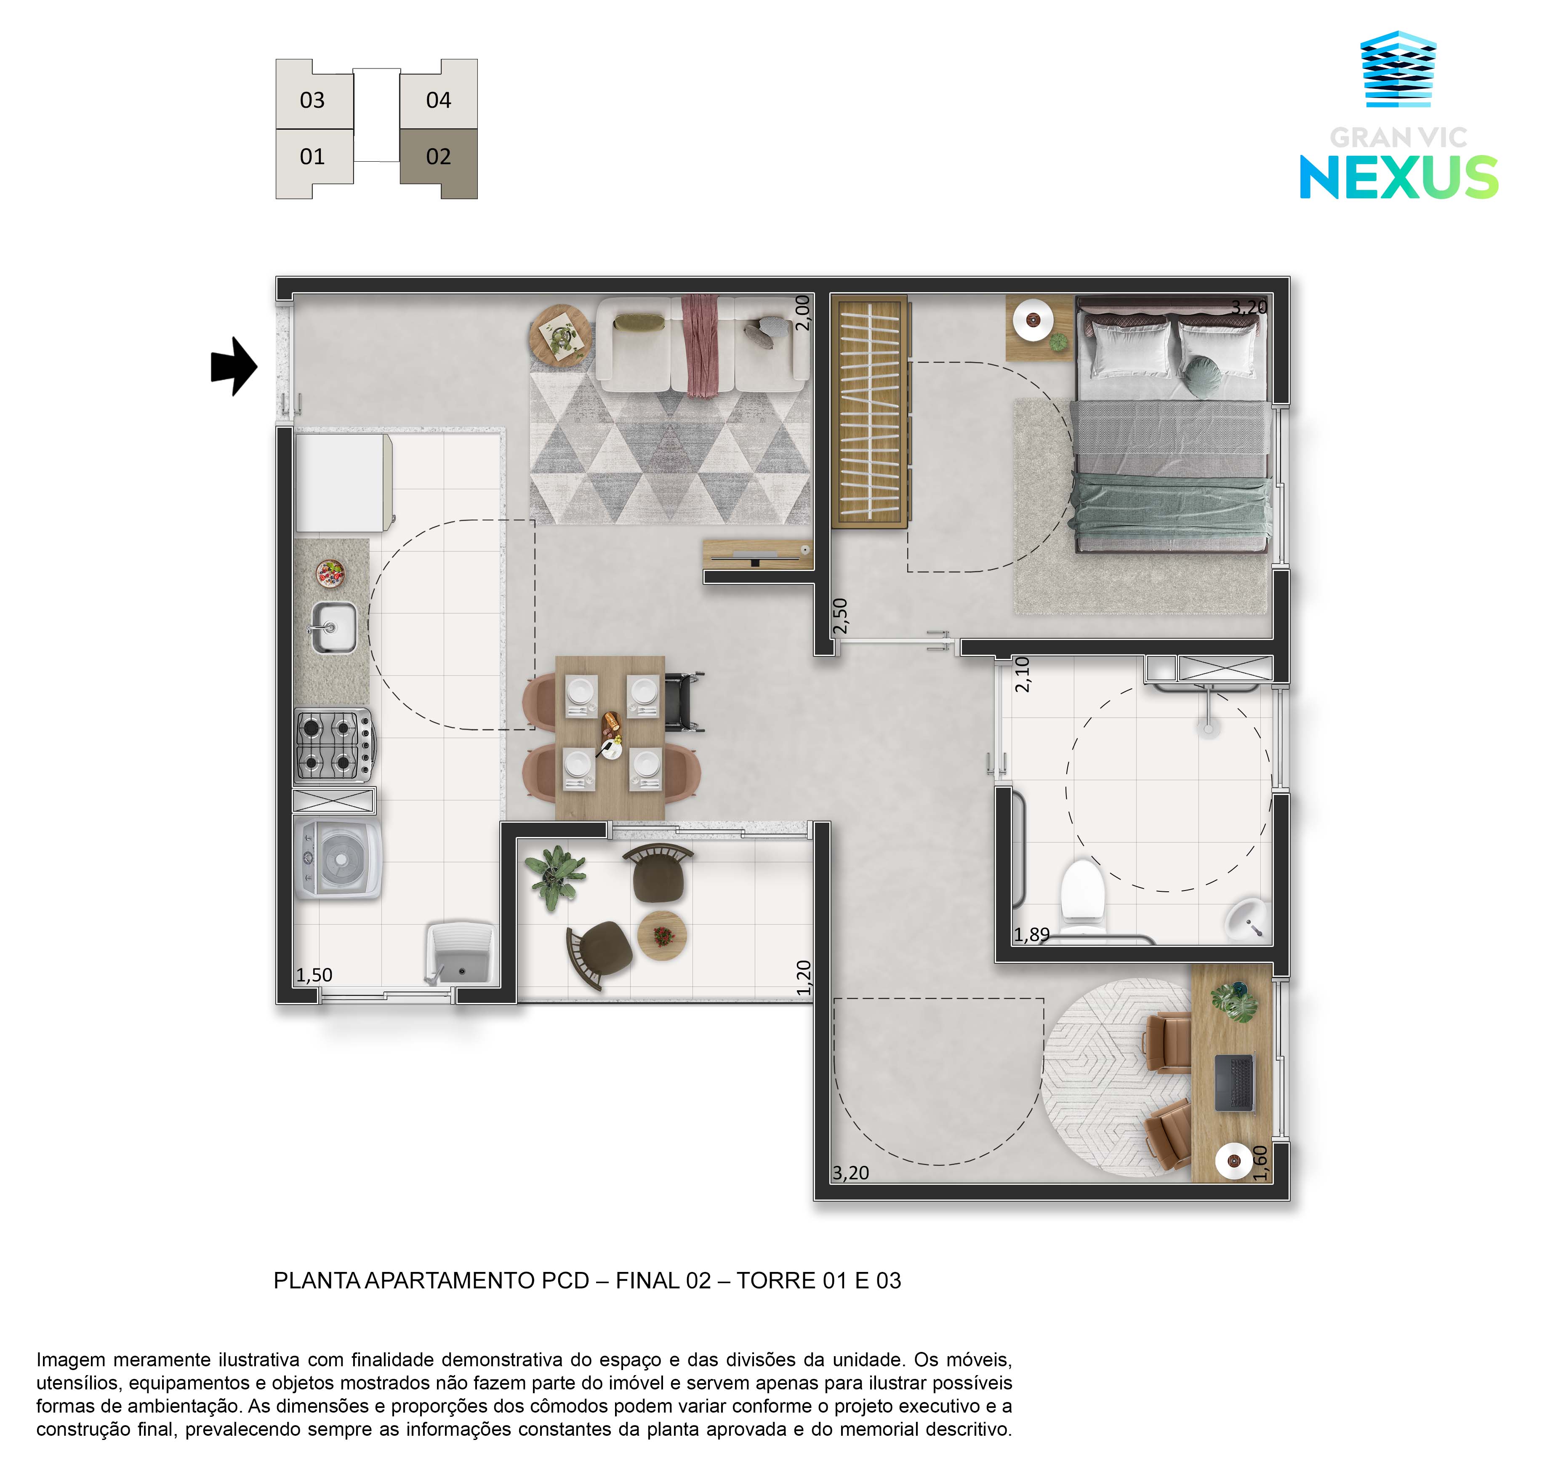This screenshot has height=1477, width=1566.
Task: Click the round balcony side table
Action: [x=662, y=936]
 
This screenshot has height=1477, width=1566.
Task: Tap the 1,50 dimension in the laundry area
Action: [x=314, y=975]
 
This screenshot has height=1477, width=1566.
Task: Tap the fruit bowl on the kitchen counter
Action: [x=331, y=573]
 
